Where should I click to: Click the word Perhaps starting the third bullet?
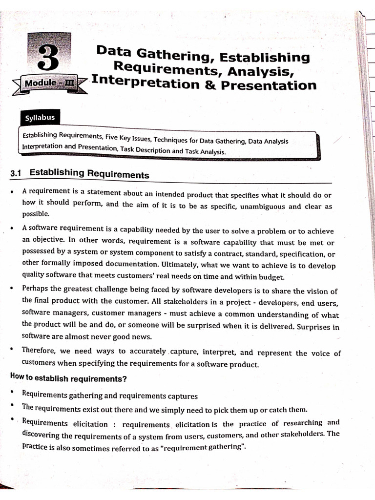pyautogui.click(x=36, y=288)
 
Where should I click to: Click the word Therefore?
pyautogui.click(x=40, y=350)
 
